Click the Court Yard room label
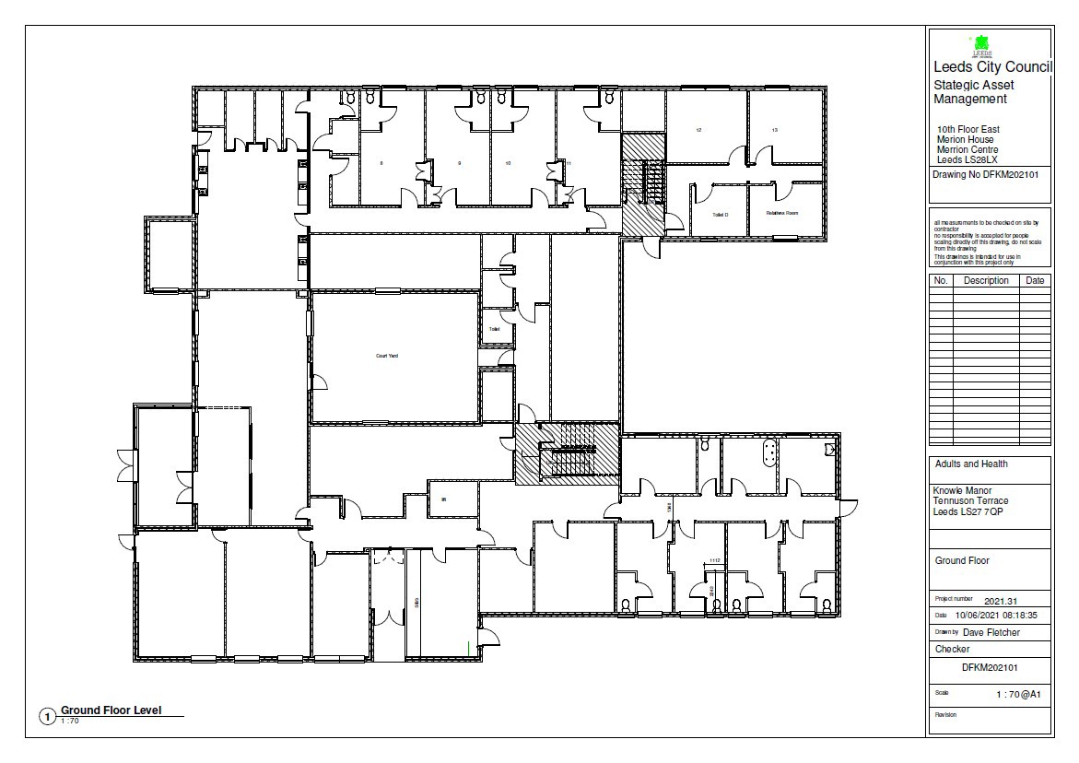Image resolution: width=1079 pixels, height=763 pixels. point(387,356)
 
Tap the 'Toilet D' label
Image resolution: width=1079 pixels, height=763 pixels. point(721,215)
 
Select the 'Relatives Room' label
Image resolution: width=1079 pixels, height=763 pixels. point(781,213)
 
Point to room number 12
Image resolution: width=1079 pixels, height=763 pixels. point(698,131)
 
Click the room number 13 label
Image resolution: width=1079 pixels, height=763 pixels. point(775,131)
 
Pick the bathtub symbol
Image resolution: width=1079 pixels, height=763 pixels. point(766,452)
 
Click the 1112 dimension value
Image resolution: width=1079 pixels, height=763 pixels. point(713,560)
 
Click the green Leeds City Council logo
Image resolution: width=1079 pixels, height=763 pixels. point(980,43)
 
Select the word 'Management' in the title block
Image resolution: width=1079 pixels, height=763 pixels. point(970,100)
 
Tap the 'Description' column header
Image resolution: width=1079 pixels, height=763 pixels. point(985,280)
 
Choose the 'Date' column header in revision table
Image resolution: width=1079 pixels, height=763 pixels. point(1035,280)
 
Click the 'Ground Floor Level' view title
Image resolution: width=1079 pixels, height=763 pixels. point(111,710)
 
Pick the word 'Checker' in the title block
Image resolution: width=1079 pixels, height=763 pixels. point(952,649)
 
